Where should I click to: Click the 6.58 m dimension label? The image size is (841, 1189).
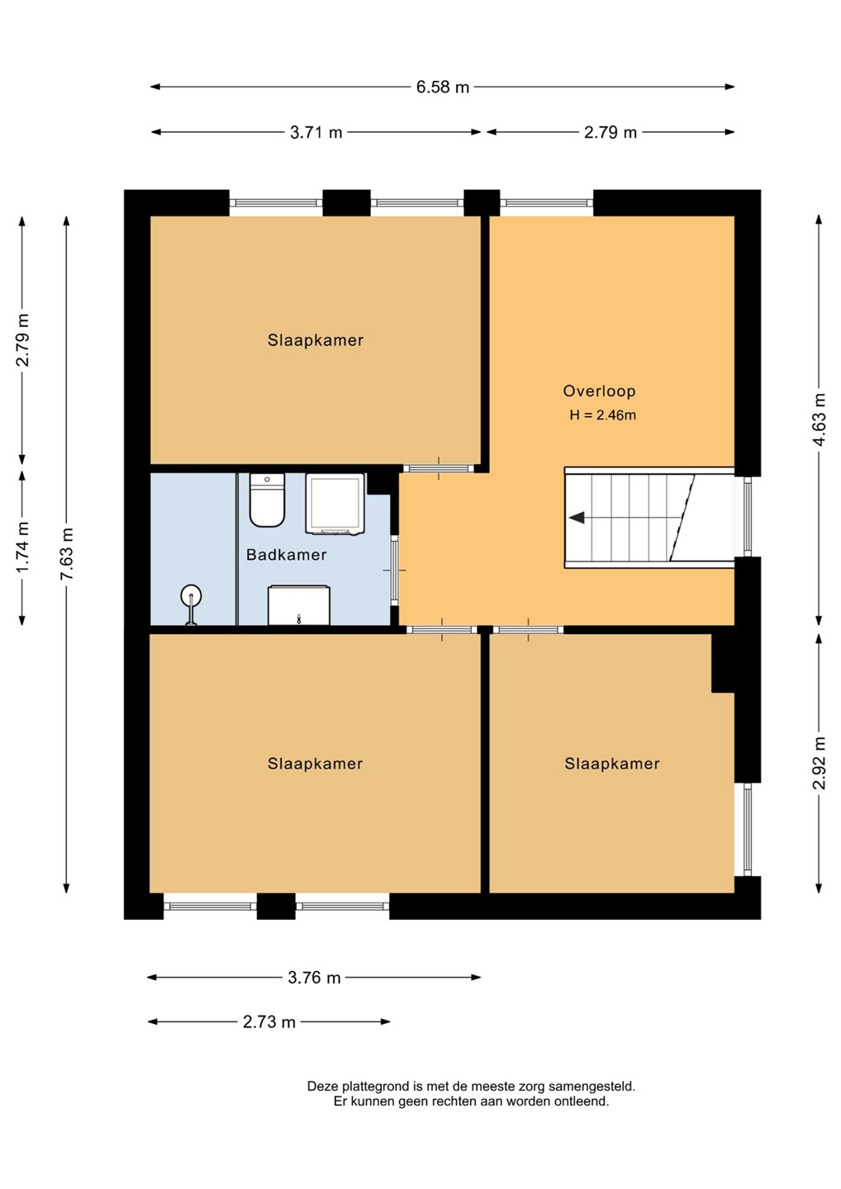[x=442, y=87]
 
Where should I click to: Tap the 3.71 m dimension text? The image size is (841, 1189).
[x=316, y=132]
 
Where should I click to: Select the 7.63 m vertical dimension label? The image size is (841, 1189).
[x=67, y=553]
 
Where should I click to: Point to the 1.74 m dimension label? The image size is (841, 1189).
[x=22, y=547]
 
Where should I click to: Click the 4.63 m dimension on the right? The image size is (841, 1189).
[x=820, y=419]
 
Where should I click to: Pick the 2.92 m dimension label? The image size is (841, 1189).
[x=820, y=763]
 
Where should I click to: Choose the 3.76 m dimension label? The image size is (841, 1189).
[x=314, y=978]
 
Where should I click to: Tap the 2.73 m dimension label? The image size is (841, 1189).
[x=269, y=1022]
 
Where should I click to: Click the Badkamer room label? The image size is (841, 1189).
[x=286, y=555]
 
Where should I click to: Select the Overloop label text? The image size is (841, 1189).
[x=600, y=391]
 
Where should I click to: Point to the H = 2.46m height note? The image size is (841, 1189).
[x=602, y=415]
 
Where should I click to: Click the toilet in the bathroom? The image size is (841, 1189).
[x=267, y=500]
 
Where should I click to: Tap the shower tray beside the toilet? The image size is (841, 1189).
[x=335, y=504]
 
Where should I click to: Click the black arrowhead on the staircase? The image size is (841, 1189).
[x=577, y=517]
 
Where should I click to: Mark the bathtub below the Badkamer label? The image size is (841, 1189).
[x=299, y=605]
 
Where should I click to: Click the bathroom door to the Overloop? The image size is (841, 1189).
[x=395, y=571]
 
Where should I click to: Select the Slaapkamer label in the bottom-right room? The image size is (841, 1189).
[x=611, y=764]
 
